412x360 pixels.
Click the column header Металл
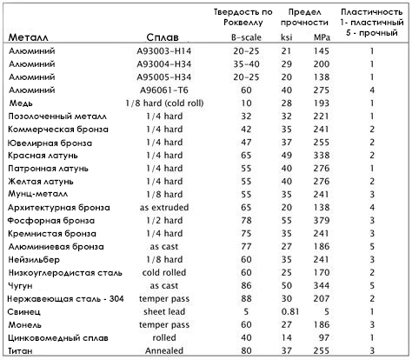click(28, 37)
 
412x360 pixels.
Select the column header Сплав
click(163, 37)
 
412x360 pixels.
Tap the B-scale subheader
click(246, 37)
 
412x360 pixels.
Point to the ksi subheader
click(287, 37)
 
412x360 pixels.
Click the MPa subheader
click(322, 37)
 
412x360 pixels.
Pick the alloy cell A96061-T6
click(164, 90)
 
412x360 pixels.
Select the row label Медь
click(21, 103)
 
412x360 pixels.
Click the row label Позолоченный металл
click(57, 117)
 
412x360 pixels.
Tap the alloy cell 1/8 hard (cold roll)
click(164, 103)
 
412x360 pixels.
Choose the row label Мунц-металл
click(38, 194)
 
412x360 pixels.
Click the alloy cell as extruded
click(164, 208)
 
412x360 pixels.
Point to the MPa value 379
click(322, 221)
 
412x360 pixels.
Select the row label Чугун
click(20, 286)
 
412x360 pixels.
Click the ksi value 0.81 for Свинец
click(290, 311)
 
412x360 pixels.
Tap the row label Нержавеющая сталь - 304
click(65, 298)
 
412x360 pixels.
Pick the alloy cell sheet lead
click(164, 311)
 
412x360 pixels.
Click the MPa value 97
click(323, 337)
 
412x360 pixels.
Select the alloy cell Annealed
click(164, 350)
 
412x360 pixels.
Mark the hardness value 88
click(246, 298)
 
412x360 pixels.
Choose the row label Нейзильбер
click(34, 259)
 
